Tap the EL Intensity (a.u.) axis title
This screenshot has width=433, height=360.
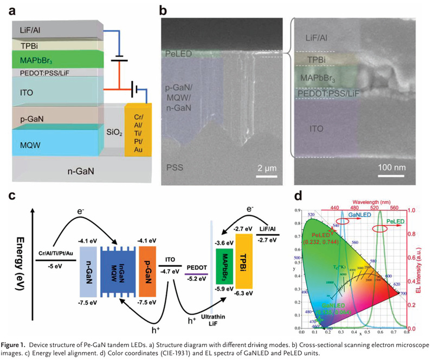pyautogui.click(x=426, y=266)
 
